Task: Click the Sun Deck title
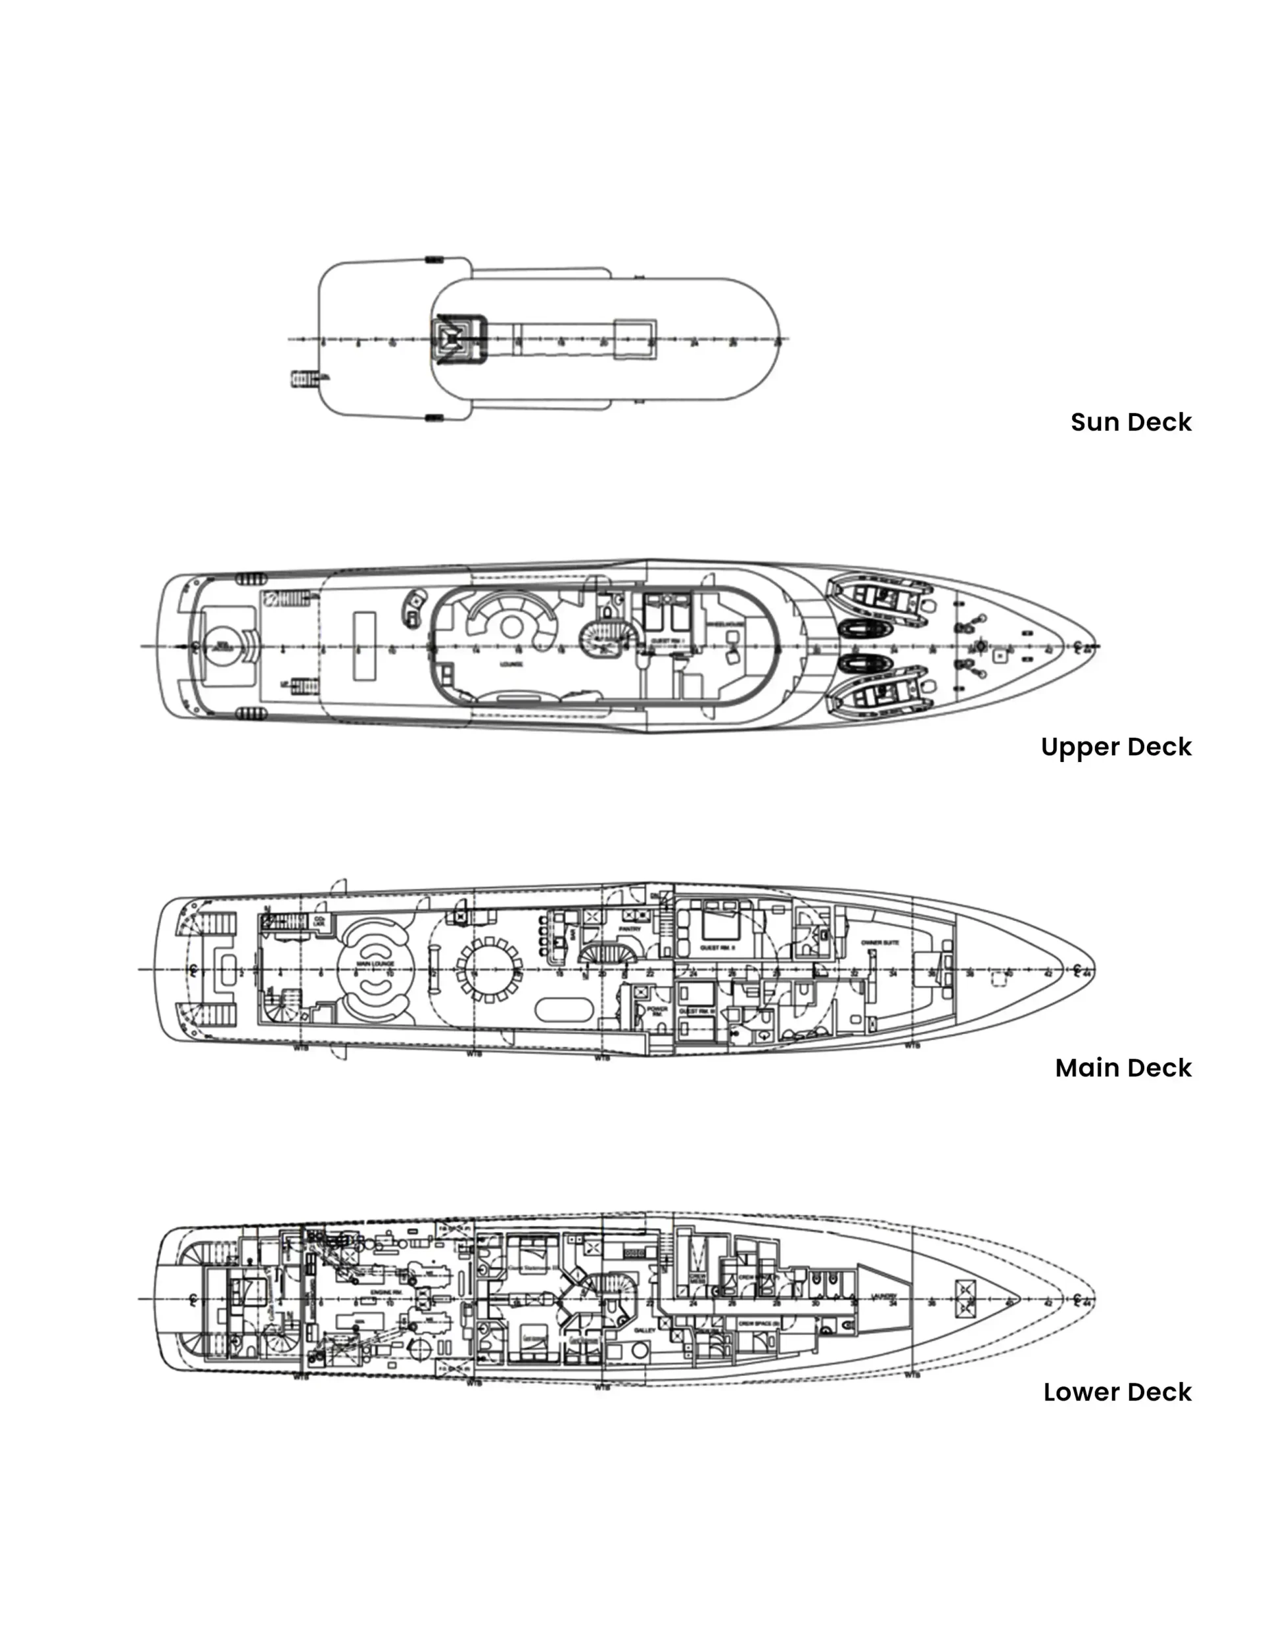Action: point(1131,422)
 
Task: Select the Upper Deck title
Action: point(1115,747)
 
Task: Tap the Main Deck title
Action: point(1123,1068)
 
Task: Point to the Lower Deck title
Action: point(1117,1392)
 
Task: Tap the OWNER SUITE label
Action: point(879,943)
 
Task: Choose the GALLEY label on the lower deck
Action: point(644,1331)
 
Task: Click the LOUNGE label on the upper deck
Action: point(511,664)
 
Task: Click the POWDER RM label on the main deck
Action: point(657,1010)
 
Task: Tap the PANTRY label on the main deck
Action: point(630,929)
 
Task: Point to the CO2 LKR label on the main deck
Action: point(319,921)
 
